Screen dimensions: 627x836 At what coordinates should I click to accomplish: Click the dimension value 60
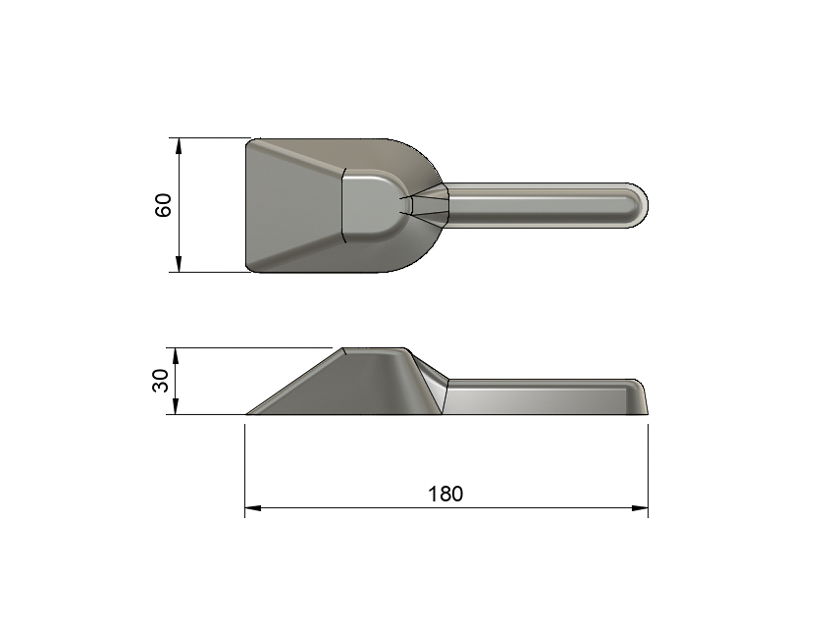164,205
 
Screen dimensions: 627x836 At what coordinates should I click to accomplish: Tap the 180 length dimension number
445,494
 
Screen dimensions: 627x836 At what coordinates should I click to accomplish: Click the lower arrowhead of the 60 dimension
179,265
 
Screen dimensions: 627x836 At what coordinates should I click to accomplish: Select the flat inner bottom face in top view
367,205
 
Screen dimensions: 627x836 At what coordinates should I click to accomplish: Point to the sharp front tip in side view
248,413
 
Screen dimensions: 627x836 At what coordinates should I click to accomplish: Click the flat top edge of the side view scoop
373,348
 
